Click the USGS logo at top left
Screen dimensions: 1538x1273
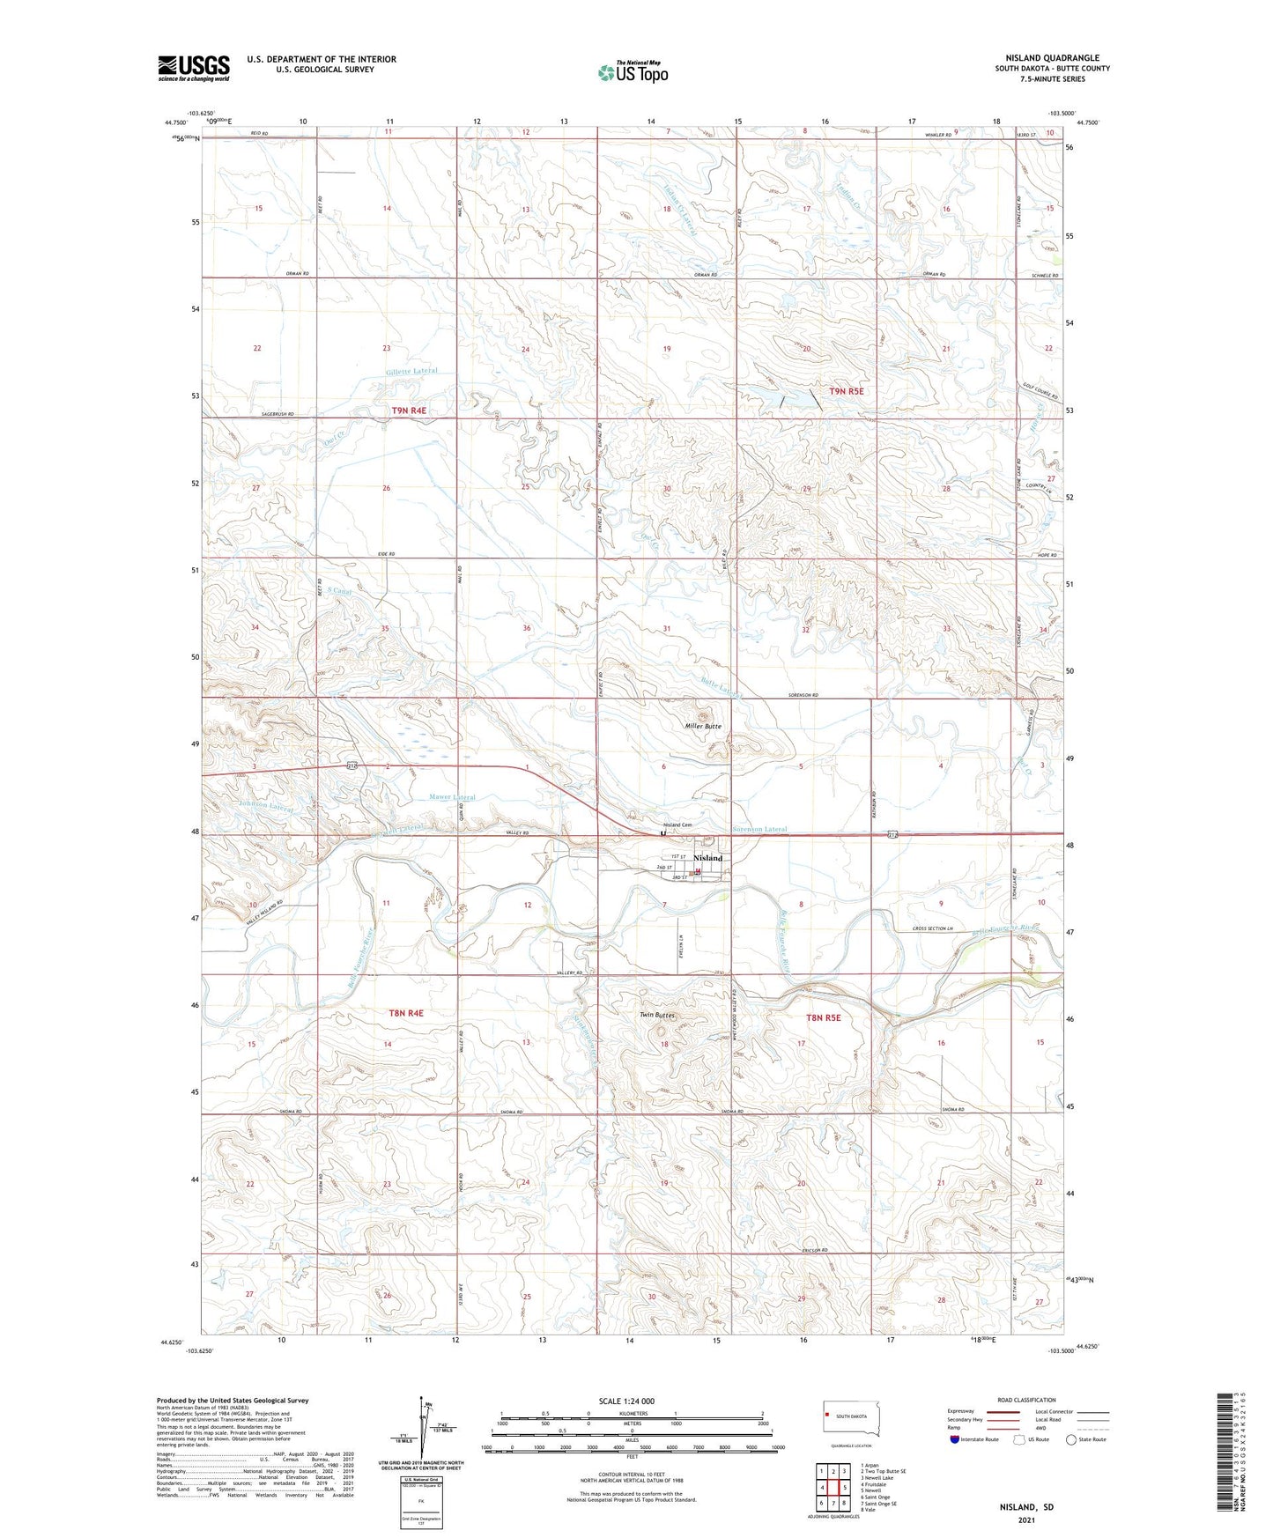point(193,68)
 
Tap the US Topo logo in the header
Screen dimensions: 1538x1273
point(632,72)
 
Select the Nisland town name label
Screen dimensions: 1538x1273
point(707,858)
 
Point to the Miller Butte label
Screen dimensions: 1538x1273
point(703,727)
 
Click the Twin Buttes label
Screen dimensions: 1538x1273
point(657,1016)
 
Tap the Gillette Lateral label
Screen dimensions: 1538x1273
point(411,372)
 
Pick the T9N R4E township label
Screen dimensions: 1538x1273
point(409,410)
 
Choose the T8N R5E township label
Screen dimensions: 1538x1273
point(824,1017)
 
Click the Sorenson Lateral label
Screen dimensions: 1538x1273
point(759,829)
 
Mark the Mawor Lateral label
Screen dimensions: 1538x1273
point(452,797)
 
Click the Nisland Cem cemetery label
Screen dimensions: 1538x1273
point(677,824)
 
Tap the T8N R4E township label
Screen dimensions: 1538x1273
point(406,1013)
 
